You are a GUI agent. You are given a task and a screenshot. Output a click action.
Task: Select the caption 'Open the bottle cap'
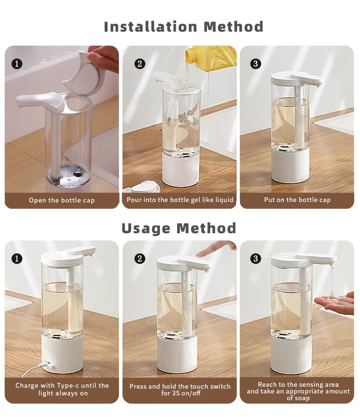(x=62, y=200)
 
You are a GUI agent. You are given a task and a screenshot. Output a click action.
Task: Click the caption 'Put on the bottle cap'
(x=297, y=200)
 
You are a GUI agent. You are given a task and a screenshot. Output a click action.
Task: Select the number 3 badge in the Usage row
(x=256, y=259)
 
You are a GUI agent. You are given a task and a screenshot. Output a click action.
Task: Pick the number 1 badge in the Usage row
(x=17, y=259)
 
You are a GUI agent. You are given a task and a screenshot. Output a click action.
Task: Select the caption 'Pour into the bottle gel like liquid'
(x=180, y=200)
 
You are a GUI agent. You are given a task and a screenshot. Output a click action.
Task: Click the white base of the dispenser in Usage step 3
(x=291, y=355)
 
